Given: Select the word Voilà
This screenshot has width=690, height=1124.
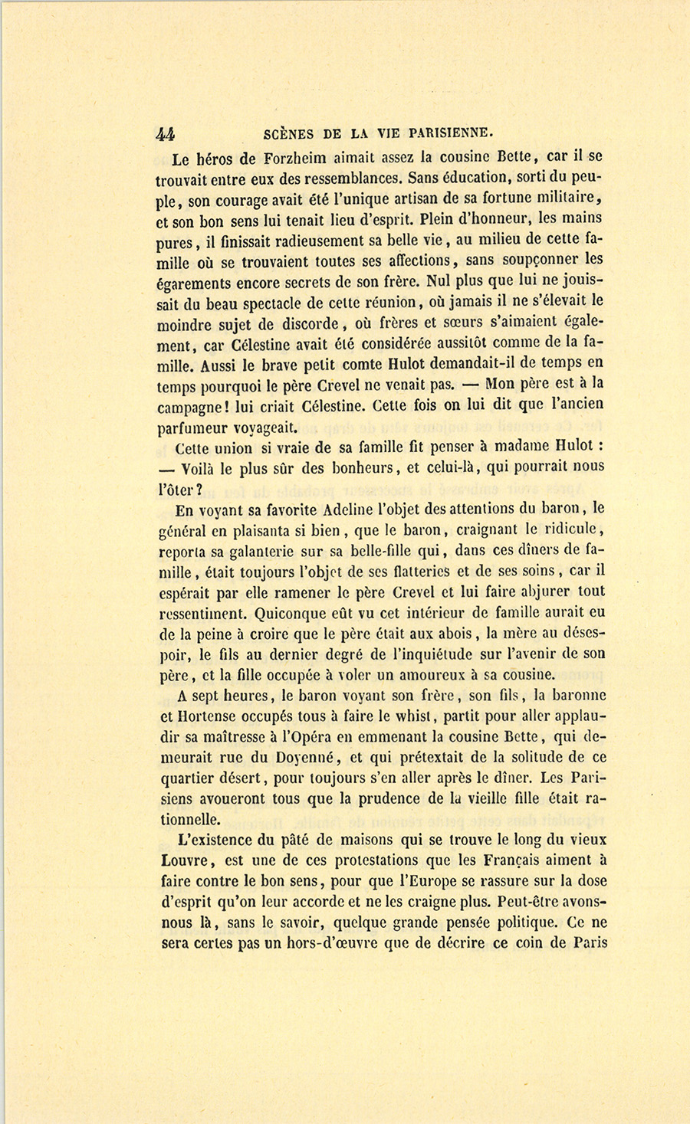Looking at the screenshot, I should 205,467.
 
